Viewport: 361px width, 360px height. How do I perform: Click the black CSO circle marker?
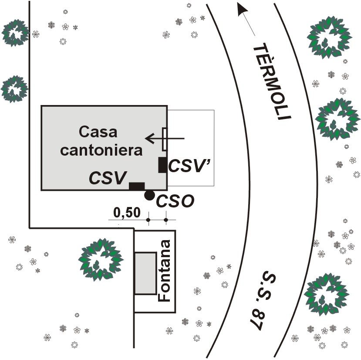(149, 195)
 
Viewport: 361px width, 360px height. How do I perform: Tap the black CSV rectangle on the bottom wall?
(137, 186)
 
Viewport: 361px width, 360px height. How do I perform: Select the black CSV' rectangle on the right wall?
(162, 165)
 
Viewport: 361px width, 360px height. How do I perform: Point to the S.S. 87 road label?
(263, 302)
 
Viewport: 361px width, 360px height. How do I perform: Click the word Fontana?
(164, 271)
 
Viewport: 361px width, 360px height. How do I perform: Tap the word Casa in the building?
(98, 132)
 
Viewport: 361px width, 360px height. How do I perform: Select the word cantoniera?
(101, 150)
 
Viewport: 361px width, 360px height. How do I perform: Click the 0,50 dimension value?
(127, 213)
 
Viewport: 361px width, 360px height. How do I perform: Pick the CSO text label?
(175, 201)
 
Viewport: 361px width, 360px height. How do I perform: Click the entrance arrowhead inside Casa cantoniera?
(150, 139)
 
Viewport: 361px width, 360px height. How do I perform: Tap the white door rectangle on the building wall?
(165, 139)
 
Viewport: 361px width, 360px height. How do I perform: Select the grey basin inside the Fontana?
(145, 273)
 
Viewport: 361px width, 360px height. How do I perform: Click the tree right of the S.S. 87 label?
(327, 295)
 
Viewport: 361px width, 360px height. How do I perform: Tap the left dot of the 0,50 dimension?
(148, 220)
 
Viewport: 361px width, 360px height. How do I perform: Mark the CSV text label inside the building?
(108, 178)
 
